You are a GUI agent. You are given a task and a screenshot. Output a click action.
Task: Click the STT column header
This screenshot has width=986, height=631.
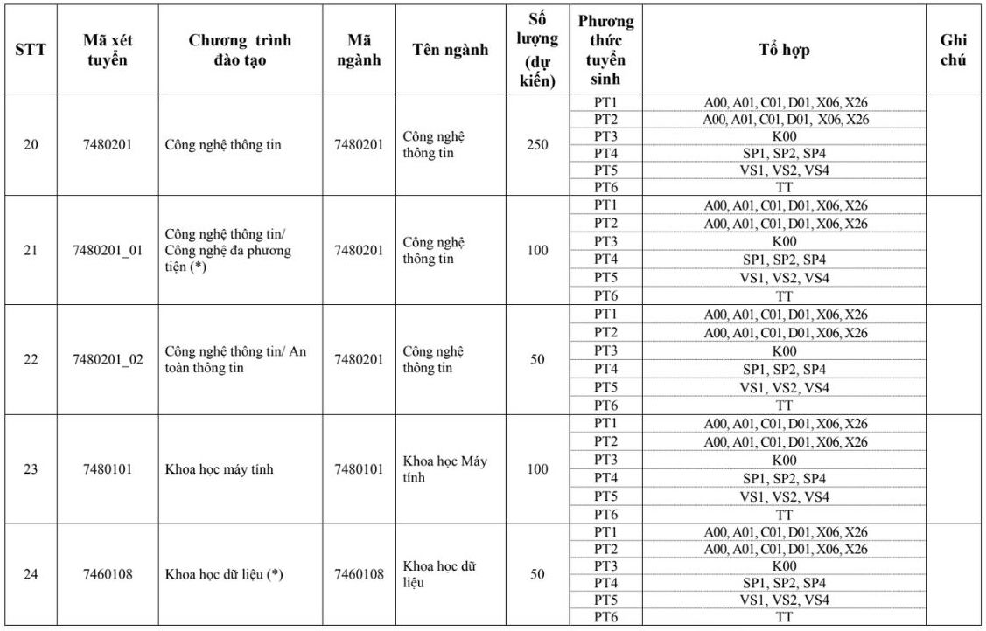31,50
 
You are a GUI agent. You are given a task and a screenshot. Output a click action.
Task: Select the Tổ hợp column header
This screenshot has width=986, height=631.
784,50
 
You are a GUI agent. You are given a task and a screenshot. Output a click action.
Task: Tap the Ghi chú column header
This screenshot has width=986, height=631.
953,50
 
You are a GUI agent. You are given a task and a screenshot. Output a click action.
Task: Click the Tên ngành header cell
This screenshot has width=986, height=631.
450,50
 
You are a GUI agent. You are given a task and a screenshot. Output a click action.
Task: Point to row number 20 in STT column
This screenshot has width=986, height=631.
31,144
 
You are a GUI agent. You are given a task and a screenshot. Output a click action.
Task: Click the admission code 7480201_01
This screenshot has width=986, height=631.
107,251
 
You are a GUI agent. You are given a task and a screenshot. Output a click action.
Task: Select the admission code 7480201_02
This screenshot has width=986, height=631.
107,360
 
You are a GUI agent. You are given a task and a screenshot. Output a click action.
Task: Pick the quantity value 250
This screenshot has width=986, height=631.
537,144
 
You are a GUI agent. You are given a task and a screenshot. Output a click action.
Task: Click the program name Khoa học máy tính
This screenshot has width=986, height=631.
219,469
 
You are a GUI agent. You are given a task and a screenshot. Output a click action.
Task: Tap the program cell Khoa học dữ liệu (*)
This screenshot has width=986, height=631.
224,574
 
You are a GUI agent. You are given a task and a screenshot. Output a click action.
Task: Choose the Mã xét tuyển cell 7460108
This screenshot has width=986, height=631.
107,574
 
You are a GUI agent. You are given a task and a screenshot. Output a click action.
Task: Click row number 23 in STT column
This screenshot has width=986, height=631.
31,469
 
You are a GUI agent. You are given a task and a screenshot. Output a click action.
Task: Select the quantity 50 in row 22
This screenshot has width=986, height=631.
537,360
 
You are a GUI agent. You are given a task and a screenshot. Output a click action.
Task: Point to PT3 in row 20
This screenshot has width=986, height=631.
605,136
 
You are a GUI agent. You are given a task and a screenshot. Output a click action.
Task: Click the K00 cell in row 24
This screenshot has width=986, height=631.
784,566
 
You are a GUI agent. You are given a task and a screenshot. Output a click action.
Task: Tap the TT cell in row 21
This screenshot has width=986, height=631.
784,296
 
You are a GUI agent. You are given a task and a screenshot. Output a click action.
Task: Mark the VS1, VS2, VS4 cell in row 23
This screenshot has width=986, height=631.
784,497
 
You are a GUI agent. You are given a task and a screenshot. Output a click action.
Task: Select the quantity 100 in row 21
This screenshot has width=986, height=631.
537,251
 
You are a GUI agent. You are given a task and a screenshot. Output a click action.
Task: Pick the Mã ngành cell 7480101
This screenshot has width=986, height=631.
359,469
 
